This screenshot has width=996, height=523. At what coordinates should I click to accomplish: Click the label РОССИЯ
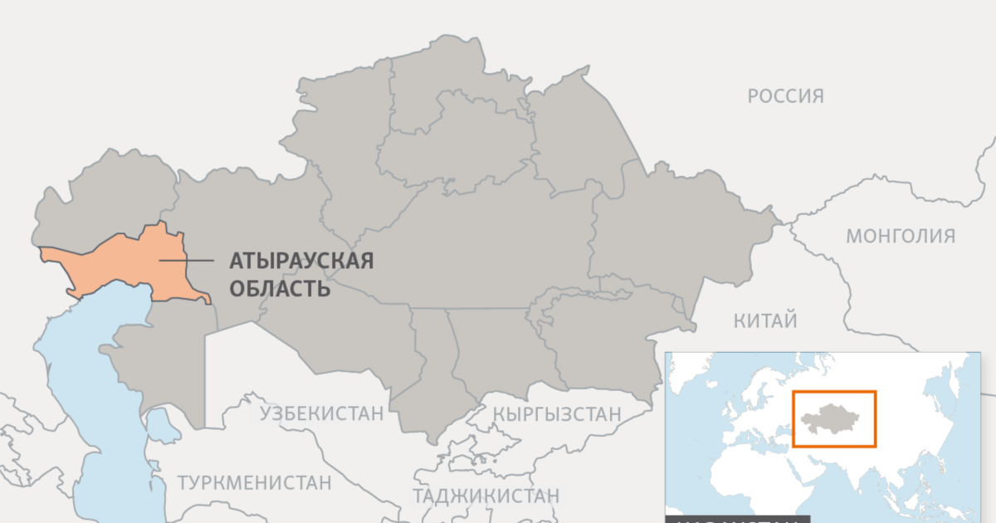[785, 96]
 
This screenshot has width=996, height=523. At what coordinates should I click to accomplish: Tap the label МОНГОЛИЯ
[900, 237]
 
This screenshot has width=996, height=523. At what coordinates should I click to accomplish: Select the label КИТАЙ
[765, 320]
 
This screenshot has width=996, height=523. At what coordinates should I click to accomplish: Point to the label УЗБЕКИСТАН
[322, 413]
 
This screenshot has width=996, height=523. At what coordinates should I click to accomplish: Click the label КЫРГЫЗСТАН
[556, 413]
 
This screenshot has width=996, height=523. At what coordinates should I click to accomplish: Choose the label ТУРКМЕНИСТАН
[254, 482]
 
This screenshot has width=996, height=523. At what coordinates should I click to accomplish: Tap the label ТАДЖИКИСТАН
[486, 496]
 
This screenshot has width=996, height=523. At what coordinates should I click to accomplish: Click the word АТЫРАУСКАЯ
[300, 261]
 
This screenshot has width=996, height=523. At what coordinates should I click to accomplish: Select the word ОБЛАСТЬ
[280, 289]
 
